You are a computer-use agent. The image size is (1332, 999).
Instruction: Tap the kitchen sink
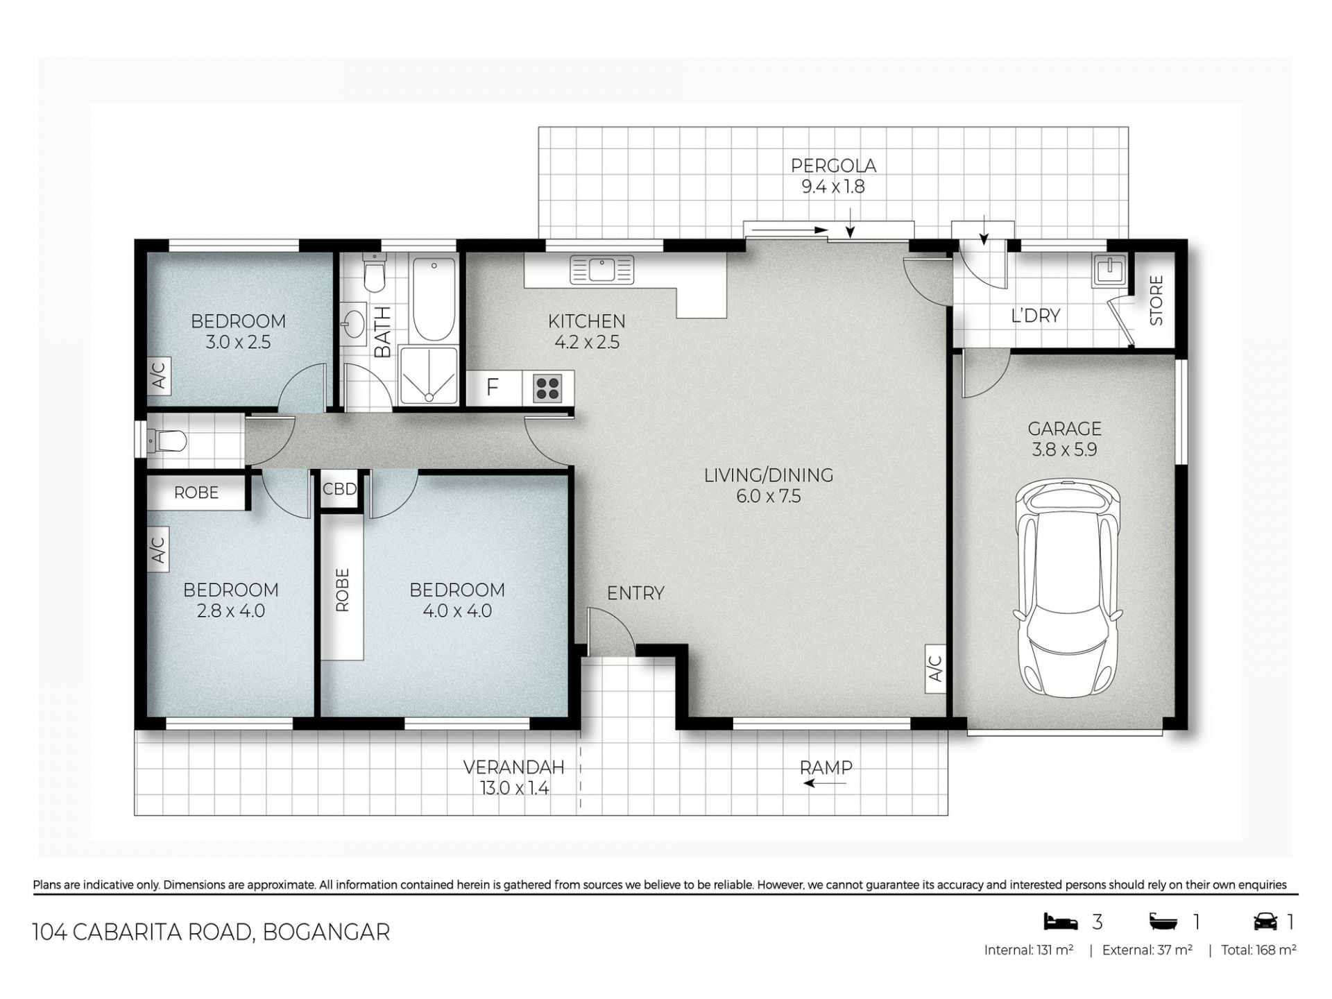pyautogui.click(x=601, y=269)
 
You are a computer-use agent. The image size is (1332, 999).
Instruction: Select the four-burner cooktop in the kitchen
pyautogui.click(x=547, y=388)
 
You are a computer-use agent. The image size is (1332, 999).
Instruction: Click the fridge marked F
pyautogui.click(x=493, y=387)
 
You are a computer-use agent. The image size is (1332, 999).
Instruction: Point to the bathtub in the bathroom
pyautogui.click(x=434, y=300)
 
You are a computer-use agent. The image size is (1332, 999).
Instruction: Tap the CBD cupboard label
pyautogui.click(x=339, y=489)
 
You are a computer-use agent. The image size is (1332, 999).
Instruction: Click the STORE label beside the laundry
pyautogui.click(x=1156, y=300)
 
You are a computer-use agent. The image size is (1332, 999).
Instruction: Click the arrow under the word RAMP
pyautogui.click(x=825, y=783)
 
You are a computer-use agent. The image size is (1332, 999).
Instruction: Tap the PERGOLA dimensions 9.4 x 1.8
pyautogui.click(x=833, y=187)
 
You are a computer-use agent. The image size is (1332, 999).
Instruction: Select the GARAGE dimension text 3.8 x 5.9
pyautogui.click(x=1064, y=450)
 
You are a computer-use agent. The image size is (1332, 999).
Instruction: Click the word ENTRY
pyautogui.click(x=635, y=593)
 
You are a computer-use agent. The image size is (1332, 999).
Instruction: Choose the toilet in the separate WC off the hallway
pyautogui.click(x=167, y=441)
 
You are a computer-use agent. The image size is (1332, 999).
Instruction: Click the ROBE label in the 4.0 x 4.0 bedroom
pyautogui.click(x=342, y=590)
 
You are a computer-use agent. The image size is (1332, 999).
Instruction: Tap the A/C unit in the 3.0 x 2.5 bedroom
pyautogui.click(x=159, y=375)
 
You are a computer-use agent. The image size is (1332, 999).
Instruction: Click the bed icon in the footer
pyautogui.click(x=1061, y=921)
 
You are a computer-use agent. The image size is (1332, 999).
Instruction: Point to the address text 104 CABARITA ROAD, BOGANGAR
pyautogui.click(x=211, y=932)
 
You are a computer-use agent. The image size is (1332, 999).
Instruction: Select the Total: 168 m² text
pyautogui.click(x=1258, y=950)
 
